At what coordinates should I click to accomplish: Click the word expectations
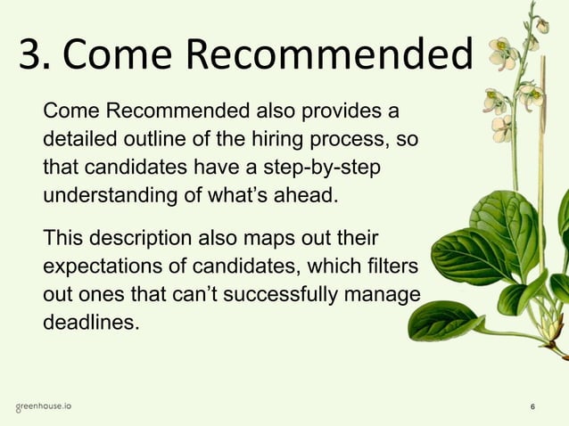[x=105, y=266]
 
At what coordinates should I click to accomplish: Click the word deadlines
[x=91, y=321]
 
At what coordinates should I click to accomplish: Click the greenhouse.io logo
[x=44, y=406]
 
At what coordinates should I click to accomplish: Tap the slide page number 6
[x=532, y=407]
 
